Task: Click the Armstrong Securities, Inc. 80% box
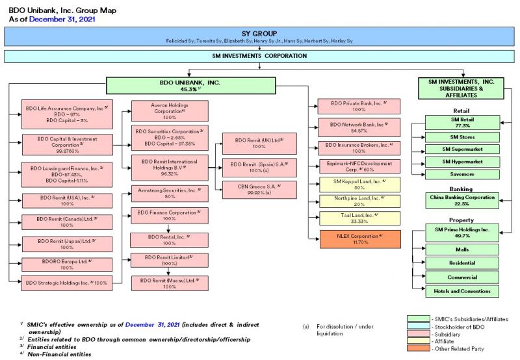pos(168,194)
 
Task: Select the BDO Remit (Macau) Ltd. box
pos(168,283)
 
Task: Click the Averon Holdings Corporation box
pos(168,110)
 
